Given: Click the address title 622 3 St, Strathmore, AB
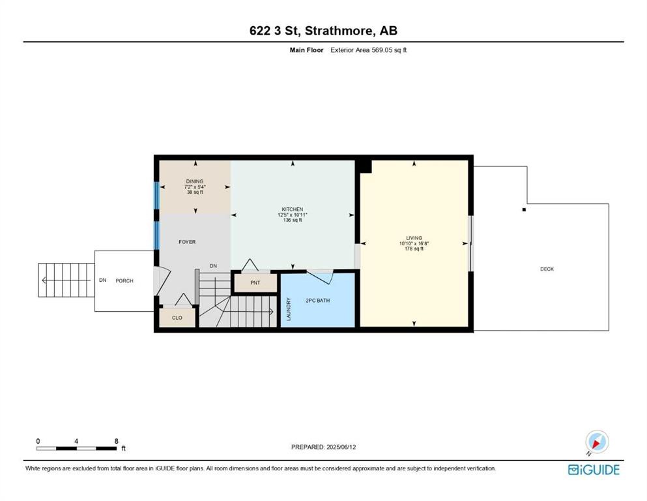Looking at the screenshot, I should (323, 30).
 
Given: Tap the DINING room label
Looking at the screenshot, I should (194, 181).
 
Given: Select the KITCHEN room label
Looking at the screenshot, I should (292, 209).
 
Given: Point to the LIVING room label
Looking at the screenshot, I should (414, 238).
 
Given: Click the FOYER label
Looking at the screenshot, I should (188, 242).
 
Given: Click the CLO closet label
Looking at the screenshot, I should (177, 318).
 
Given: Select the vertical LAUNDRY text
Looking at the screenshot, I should (288, 309).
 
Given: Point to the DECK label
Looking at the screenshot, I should (547, 269).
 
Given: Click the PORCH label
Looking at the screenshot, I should (124, 281).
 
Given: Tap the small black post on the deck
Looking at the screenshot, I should (523, 209).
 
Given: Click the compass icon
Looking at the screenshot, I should (596, 442).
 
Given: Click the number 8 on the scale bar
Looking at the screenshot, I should (116, 441).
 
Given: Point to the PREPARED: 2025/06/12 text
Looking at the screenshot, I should (324, 447).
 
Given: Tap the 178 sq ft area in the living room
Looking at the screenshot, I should (414, 249).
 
